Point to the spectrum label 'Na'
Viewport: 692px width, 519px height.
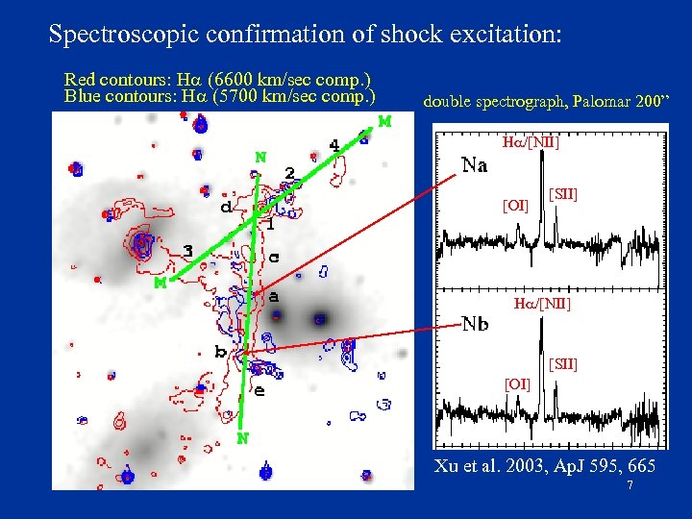(x=474, y=165)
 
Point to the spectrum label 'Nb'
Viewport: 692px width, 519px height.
(x=475, y=324)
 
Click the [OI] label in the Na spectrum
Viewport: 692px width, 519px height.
(x=516, y=205)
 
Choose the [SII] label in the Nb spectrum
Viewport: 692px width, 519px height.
(x=562, y=364)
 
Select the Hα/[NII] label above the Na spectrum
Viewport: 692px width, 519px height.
(x=531, y=143)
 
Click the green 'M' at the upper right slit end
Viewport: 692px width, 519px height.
(x=384, y=121)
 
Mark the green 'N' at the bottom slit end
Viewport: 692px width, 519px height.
(x=244, y=438)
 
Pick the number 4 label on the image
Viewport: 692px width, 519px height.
(x=334, y=145)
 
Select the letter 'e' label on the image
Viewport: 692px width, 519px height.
(x=259, y=390)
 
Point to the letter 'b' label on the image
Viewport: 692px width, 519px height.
(x=220, y=353)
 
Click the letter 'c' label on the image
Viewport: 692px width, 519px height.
(x=274, y=258)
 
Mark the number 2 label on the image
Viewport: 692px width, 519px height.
(x=289, y=172)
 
